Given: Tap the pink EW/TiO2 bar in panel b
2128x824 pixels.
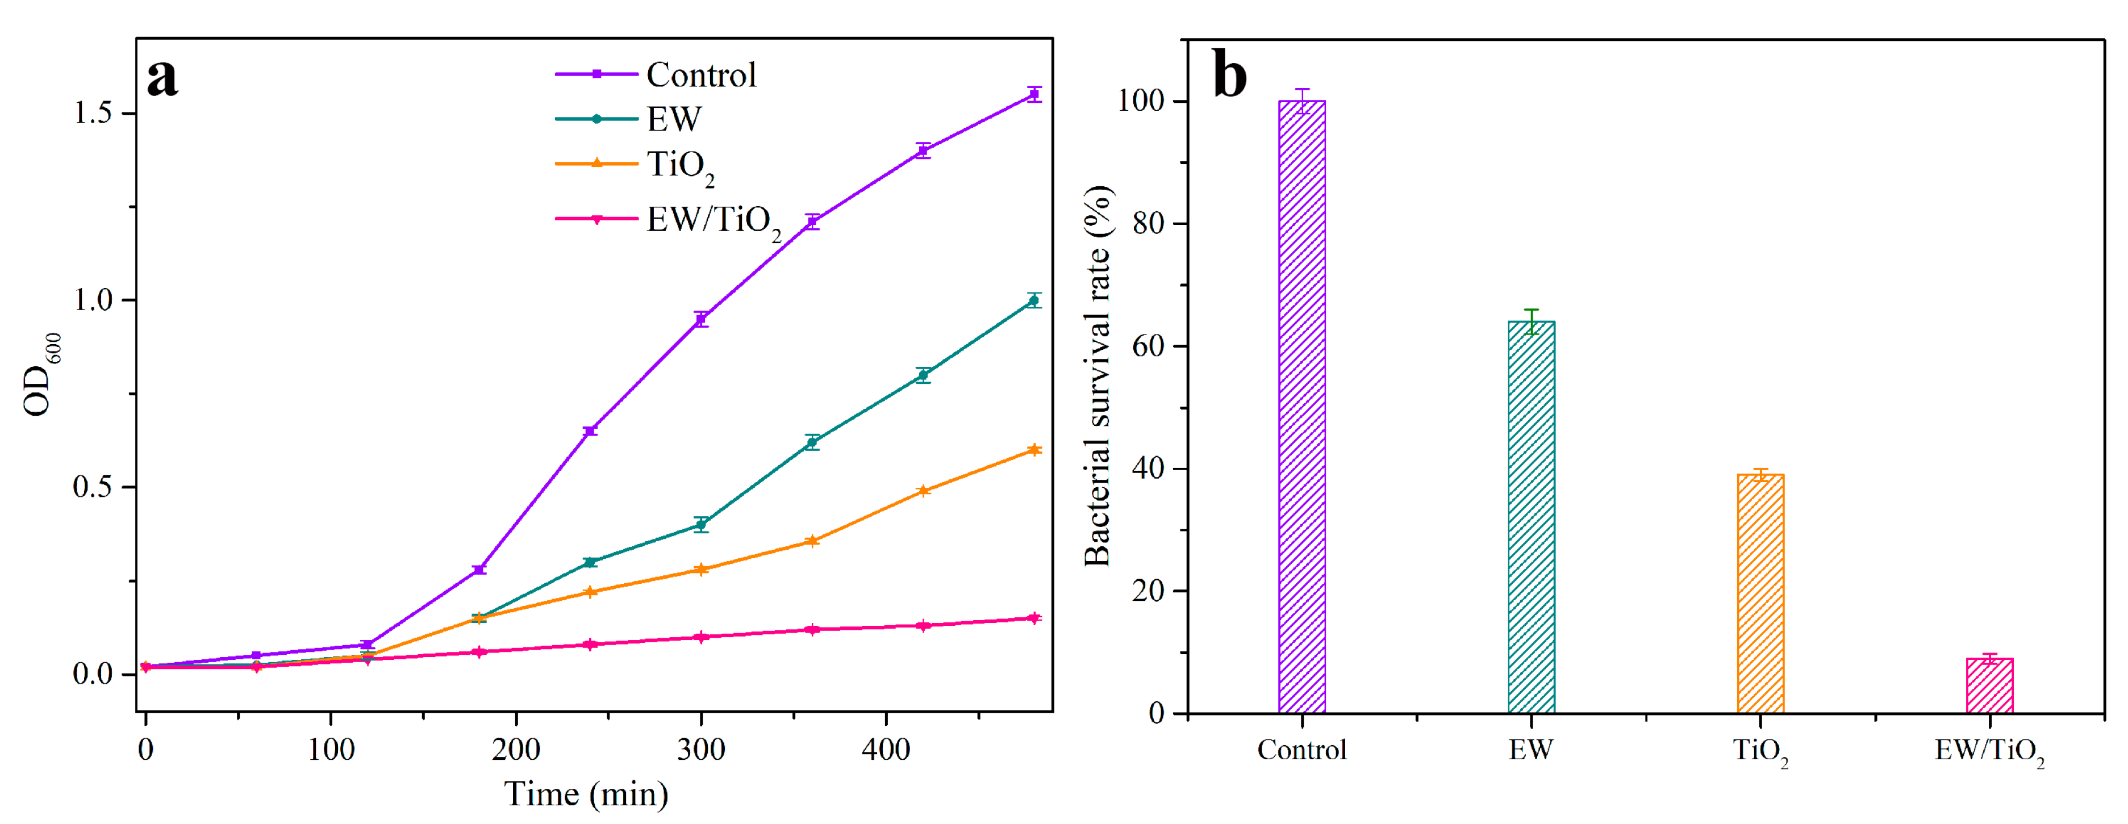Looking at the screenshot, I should pos(1989,685).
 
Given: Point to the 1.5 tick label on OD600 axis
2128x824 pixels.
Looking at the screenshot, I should pos(93,113).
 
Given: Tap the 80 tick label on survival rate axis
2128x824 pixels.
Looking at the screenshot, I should pos(1148,224).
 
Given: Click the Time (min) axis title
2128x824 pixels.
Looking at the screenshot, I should pos(586,794).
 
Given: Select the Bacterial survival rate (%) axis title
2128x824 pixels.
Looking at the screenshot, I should pos(1098,376).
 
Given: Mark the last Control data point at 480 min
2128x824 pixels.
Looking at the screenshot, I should pos(1033,95).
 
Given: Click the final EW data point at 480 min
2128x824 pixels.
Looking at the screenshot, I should pos(1033,300).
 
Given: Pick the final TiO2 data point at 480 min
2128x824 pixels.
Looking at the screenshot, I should pos(1033,450).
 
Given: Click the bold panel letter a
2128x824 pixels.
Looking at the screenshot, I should pos(162,77).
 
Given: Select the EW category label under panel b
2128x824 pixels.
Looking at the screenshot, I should pos(1531,750).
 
